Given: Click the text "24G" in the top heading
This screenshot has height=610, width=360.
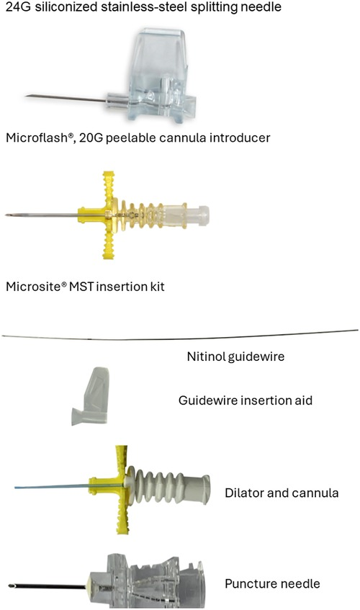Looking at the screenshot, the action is coord(18,6).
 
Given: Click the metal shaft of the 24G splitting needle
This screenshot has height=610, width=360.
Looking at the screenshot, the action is coord(66,99).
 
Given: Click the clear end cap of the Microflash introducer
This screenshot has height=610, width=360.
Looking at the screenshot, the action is coord(199,215).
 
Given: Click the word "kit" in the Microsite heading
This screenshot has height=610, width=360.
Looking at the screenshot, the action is coord(157,287).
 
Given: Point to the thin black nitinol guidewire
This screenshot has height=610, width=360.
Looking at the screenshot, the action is coord(180,336).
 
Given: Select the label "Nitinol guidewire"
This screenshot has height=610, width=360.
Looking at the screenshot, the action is coord(235,356).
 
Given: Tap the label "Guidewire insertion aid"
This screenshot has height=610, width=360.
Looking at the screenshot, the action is coord(246,400).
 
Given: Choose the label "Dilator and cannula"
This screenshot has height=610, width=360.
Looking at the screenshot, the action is coord(282,493).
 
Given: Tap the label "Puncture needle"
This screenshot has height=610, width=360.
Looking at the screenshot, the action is coord(273,583).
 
